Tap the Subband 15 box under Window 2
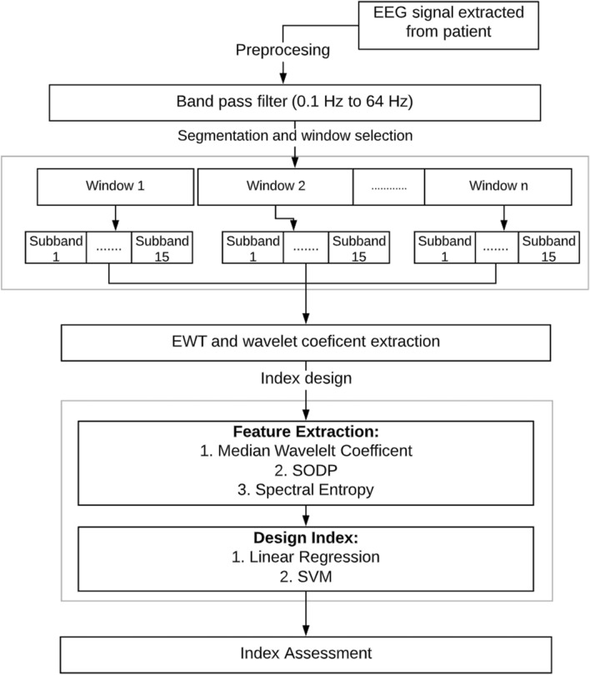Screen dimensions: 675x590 [x=359, y=248]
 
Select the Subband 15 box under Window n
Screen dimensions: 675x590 [x=548, y=248]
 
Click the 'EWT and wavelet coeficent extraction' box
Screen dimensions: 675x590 [x=306, y=342]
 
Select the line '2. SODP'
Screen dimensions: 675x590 [x=306, y=470]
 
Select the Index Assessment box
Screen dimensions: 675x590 [x=306, y=652]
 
